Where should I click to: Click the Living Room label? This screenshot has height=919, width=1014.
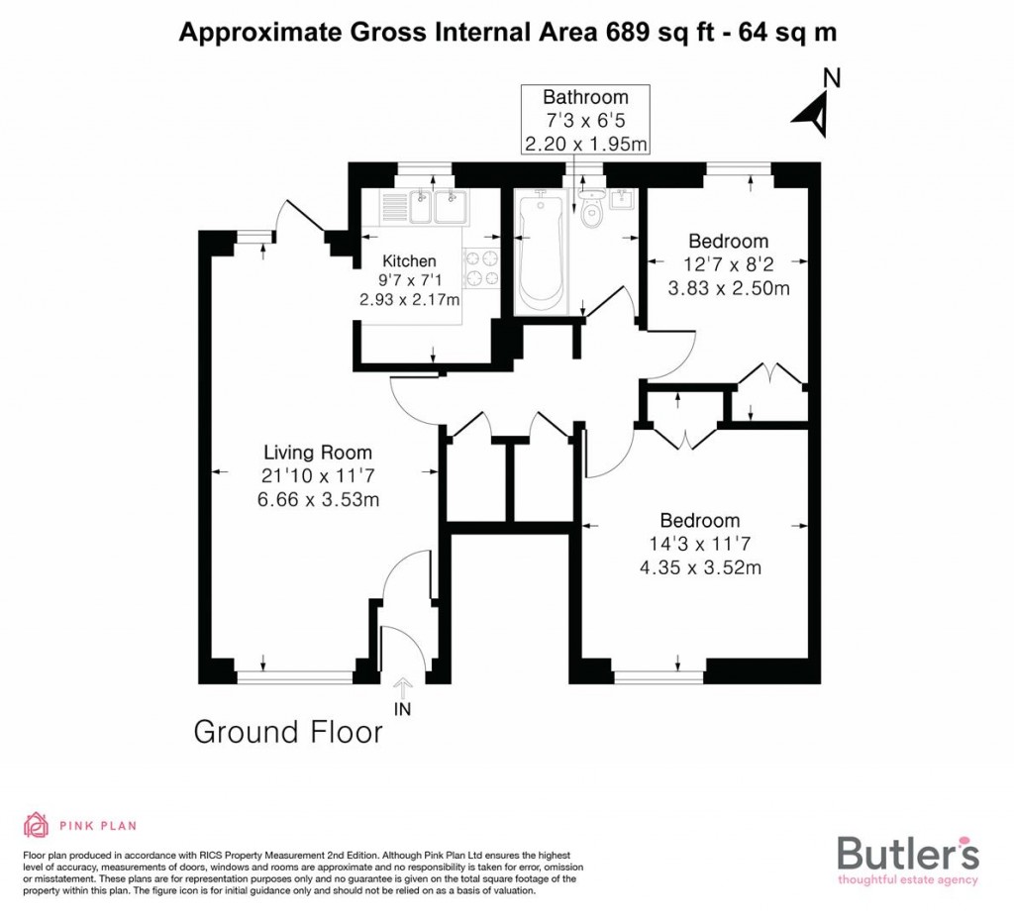[317, 453]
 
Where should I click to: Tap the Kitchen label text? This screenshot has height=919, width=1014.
[409, 260]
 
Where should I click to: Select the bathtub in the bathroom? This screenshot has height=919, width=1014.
[539, 250]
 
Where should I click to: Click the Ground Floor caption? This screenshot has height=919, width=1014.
[288, 733]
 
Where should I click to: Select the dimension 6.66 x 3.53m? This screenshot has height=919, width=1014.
[317, 500]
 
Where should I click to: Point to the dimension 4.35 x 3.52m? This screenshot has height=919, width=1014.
[700, 567]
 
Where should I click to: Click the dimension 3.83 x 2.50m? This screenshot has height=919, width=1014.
[728, 289]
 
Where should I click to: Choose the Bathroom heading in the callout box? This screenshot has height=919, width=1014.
[585, 97]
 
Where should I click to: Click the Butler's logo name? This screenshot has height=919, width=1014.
[908, 854]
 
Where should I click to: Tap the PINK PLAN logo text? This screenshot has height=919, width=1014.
[97, 825]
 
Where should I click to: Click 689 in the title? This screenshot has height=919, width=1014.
[623, 32]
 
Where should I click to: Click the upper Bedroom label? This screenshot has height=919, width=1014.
[728, 241]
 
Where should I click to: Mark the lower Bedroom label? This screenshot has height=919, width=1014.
[700, 521]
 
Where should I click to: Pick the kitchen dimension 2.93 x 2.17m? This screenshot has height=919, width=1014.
[410, 299]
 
